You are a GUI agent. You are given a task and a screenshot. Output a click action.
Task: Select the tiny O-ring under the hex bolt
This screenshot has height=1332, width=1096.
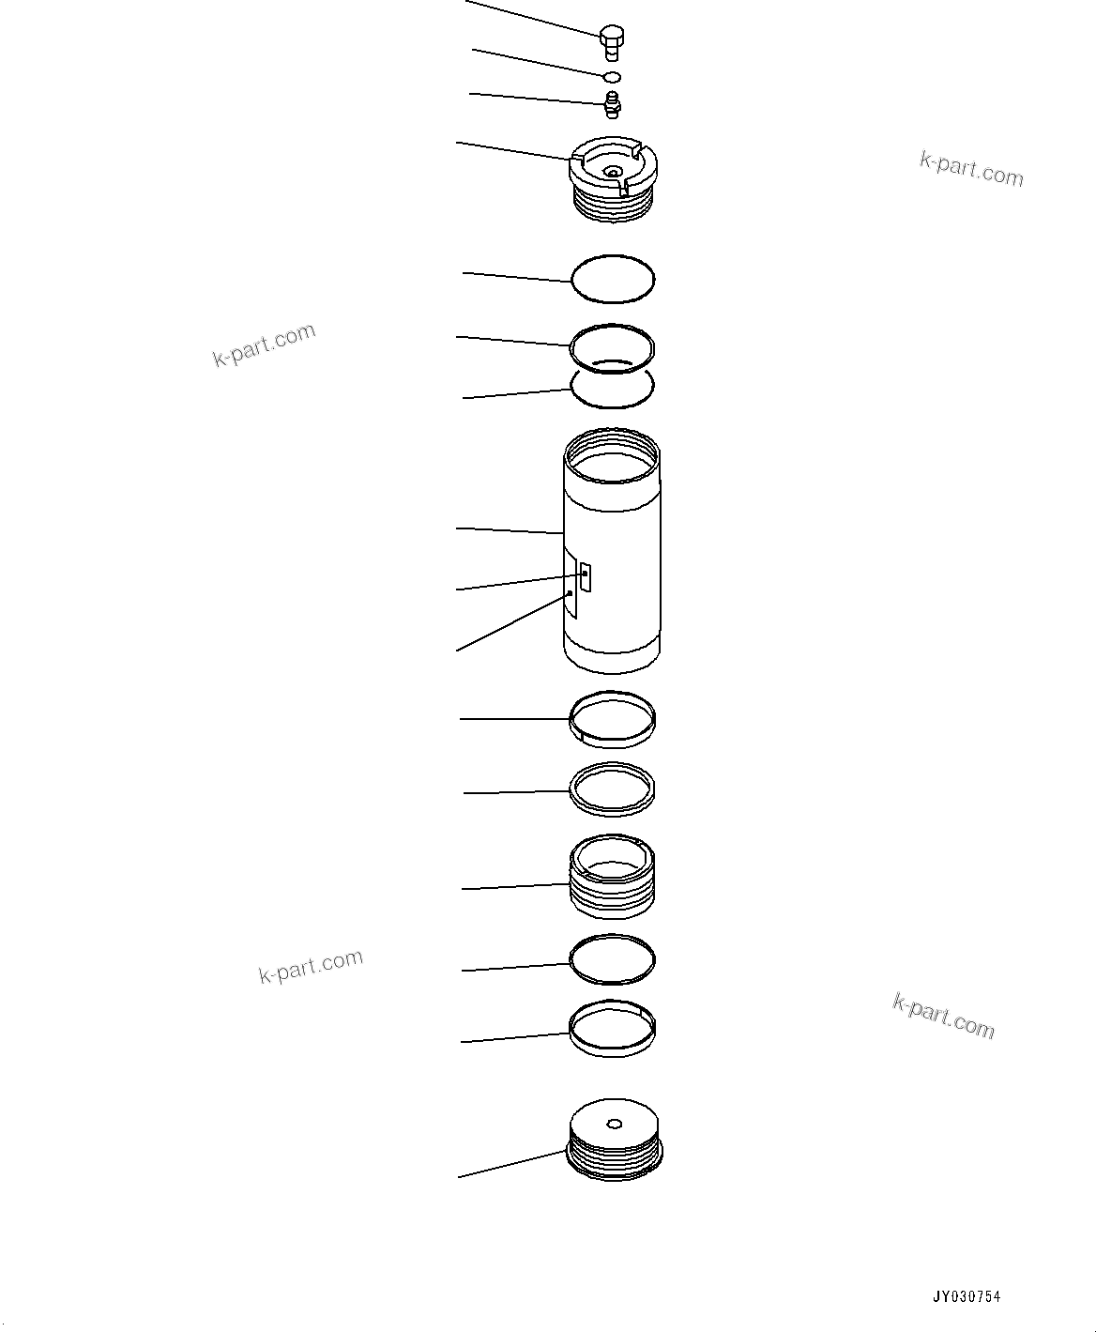coord(612,76)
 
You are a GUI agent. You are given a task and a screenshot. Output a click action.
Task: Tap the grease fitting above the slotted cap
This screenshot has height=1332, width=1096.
coord(612,104)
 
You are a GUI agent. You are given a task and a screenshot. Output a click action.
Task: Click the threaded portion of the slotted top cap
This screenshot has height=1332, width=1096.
coord(613,206)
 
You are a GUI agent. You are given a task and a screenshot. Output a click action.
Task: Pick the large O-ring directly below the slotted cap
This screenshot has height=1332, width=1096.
coord(613,279)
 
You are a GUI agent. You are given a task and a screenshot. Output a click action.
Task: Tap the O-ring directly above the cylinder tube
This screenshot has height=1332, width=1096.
coord(613,388)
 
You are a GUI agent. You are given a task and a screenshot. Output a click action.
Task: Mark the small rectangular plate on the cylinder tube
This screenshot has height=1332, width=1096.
coord(585,576)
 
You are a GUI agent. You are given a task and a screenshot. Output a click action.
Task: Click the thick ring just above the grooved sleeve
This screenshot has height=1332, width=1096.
coord(613,788)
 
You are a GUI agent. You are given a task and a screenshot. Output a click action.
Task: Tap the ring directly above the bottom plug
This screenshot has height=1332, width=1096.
coord(613,1029)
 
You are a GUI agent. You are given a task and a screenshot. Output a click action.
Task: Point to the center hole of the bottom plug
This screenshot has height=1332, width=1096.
coord(614,1123)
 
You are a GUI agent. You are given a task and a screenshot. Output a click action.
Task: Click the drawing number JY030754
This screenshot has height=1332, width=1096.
coord(966,1297)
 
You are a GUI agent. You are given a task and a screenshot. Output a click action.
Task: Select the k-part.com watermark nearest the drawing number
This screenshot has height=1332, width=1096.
coord(943,1017)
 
